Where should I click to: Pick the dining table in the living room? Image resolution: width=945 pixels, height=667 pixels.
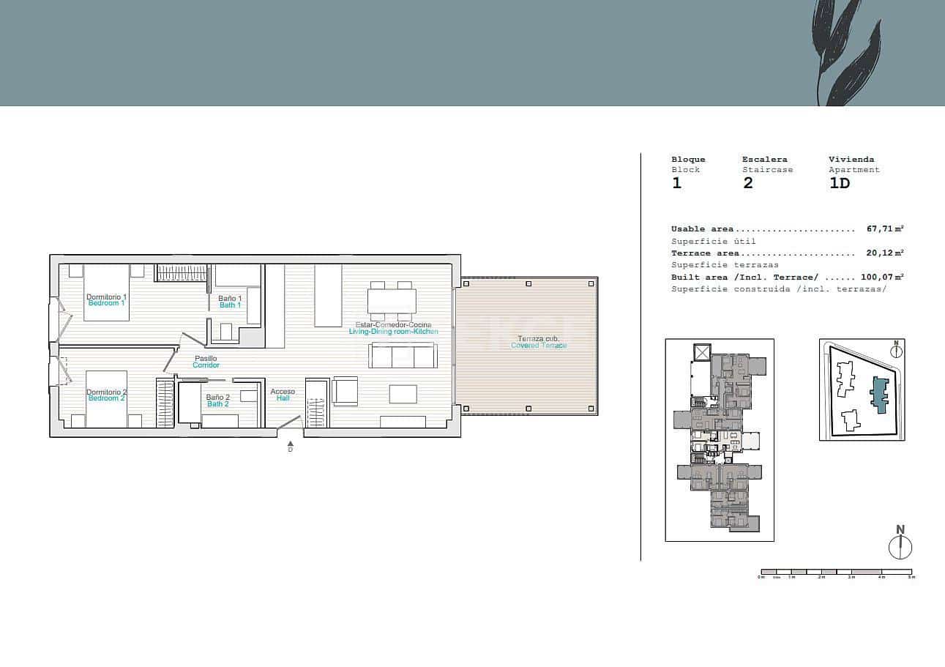coord(392,301)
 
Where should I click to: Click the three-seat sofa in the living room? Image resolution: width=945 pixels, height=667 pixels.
coord(403,357)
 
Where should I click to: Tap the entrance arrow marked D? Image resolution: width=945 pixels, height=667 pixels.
coord(291,444)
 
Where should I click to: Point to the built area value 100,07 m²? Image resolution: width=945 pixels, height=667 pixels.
coord(882,277)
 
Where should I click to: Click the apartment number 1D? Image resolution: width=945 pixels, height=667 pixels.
coord(840,183)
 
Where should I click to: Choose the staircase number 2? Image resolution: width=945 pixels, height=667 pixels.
coord(747,183)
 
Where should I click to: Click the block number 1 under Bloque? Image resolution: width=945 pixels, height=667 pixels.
coord(676,183)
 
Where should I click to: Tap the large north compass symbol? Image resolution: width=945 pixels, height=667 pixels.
coord(900,546)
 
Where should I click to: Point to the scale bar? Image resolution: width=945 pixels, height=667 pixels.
coord(836,572)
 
